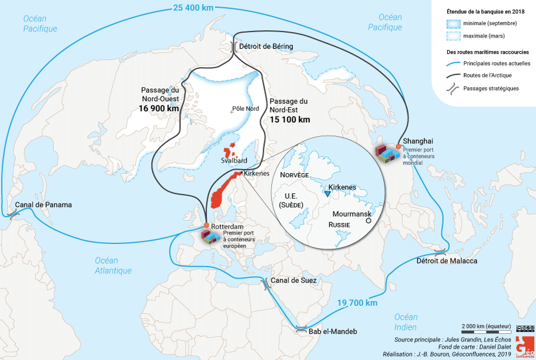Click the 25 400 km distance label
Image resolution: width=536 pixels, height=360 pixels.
tap(194, 8)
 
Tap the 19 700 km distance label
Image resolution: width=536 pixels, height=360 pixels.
tap(357, 303)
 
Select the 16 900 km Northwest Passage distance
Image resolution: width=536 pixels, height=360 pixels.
tap(158, 108)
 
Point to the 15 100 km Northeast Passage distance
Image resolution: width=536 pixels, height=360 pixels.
tap(289, 119)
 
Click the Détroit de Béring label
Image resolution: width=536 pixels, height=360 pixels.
tap(266, 46)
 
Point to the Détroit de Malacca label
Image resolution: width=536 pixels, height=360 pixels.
tap(447, 261)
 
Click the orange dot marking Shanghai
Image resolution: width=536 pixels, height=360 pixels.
tap(398, 146)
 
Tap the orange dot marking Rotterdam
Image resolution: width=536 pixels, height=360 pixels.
tap(205, 226)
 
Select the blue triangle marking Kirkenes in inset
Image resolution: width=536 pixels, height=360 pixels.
tap(328, 193)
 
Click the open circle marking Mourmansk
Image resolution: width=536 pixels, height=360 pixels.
tap(368, 220)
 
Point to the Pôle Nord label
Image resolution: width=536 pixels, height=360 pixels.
tap(245, 109)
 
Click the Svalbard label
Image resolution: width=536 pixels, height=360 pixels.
tap(233, 161)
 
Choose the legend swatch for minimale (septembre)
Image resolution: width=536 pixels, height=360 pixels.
tap(454, 23)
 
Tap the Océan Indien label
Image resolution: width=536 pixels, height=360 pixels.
tap(406, 321)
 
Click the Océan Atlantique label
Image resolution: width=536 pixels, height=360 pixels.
tap(113, 265)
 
